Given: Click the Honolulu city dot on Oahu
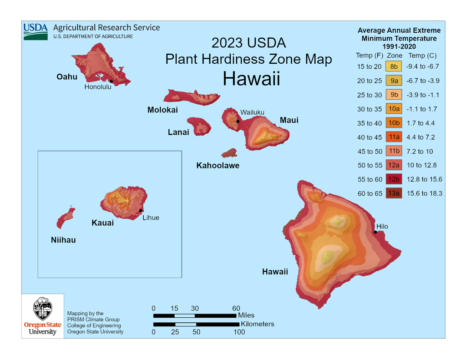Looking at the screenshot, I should (x=111, y=81).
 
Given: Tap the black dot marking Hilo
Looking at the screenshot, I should (x=375, y=232).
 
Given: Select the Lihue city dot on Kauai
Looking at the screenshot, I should (x=141, y=210).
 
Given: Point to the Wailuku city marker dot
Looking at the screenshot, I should (x=238, y=121).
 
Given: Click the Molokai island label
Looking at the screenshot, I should (x=162, y=110).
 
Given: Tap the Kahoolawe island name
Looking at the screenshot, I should (x=218, y=165).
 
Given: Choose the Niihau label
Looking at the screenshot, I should (x=63, y=240).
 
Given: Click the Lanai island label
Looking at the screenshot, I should (x=178, y=132).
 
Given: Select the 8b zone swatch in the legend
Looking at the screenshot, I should (x=394, y=66).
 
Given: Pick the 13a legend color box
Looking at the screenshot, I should (x=394, y=193).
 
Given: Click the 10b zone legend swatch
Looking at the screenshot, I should (x=394, y=123).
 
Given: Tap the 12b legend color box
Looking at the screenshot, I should (x=394, y=179).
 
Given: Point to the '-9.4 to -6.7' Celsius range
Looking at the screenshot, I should (x=422, y=66).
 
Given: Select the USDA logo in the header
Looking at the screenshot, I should (x=35, y=31).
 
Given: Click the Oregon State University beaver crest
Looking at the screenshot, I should (x=42, y=309).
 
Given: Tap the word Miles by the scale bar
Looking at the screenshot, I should (x=246, y=315).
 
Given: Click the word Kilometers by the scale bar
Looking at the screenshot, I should (x=257, y=324).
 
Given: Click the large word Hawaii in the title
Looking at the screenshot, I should (x=251, y=79).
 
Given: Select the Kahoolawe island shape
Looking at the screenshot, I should (x=229, y=153).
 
